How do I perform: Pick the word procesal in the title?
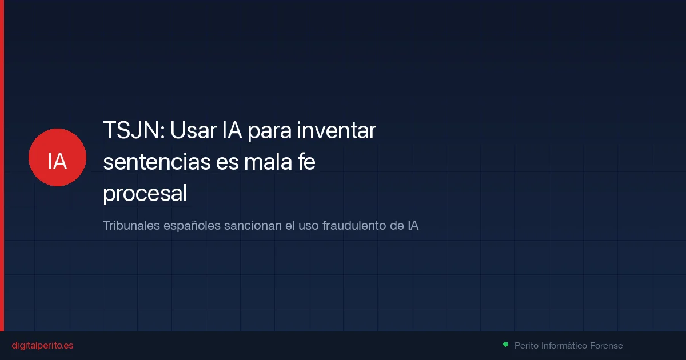click(145, 195)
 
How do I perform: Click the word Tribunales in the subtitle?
click(131, 226)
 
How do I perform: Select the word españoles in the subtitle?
click(189, 226)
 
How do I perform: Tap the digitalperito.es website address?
click(42, 346)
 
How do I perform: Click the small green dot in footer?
click(505, 345)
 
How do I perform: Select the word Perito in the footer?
click(527, 346)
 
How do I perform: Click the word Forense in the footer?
click(607, 346)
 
